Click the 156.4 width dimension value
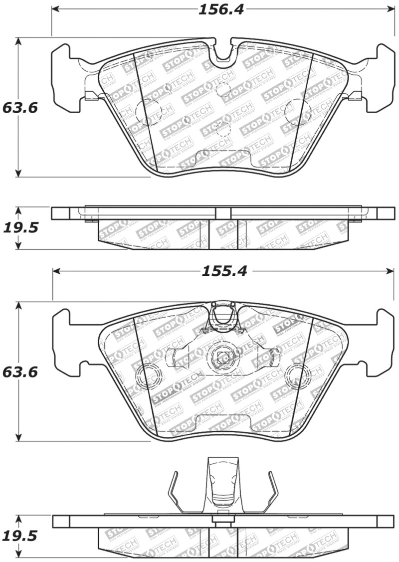pyautogui.click(x=221, y=9)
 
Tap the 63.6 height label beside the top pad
pyautogui.click(x=20, y=108)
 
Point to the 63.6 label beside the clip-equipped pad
pyautogui.click(x=20, y=372)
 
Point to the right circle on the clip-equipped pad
pyautogui.click(x=298, y=375)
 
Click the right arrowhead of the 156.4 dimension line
pyautogui.click(x=392, y=9)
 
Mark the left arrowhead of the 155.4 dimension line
pyautogui.click(x=56, y=271)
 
